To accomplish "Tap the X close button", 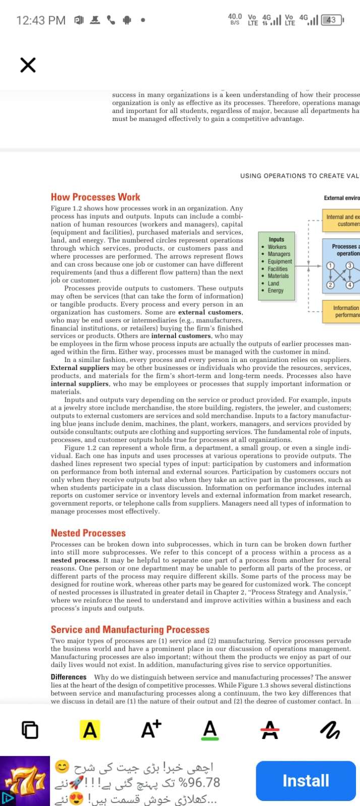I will click(x=28, y=65).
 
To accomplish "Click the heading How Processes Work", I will click(x=95, y=197).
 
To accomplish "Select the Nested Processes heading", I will click(x=88, y=533).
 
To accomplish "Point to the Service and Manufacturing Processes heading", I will click(x=130, y=629).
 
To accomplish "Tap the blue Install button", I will click(x=306, y=780).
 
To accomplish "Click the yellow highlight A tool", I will click(x=90, y=729).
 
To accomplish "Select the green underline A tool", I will click(x=210, y=729).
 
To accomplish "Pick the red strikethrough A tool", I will click(x=270, y=729).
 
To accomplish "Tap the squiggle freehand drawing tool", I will click(x=331, y=729).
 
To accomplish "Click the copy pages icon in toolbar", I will click(x=30, y=729).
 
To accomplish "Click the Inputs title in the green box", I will click(x=276, y=239).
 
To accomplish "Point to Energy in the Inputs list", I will click(x=275, y=290).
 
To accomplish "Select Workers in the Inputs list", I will click(x=277, y=247).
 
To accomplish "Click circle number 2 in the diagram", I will click(x=330, y=285).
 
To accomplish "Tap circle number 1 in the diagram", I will click(x=330, y=265).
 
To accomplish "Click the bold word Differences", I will click(x=69, y=677).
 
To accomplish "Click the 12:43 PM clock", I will click(x=41, y=20).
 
